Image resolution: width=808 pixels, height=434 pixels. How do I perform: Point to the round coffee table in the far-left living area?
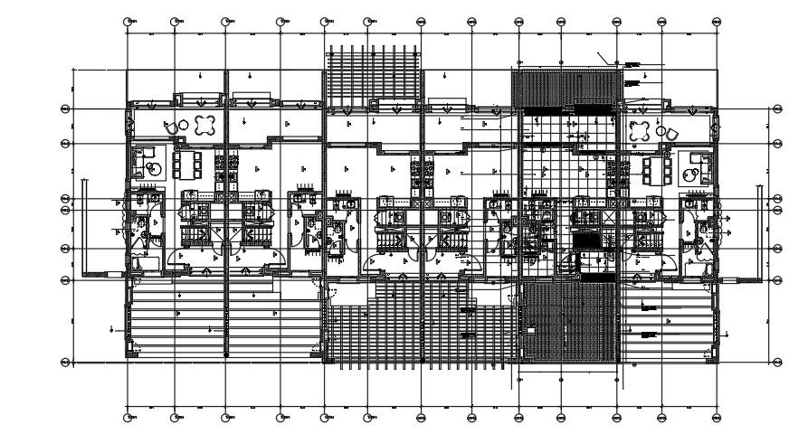coord(155,168)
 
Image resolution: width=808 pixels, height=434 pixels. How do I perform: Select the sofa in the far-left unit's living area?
coord(141,164)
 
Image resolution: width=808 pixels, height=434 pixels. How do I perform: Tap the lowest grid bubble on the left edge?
coord(65,363)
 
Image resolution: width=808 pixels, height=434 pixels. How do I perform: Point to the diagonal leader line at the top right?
coord(604,57)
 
